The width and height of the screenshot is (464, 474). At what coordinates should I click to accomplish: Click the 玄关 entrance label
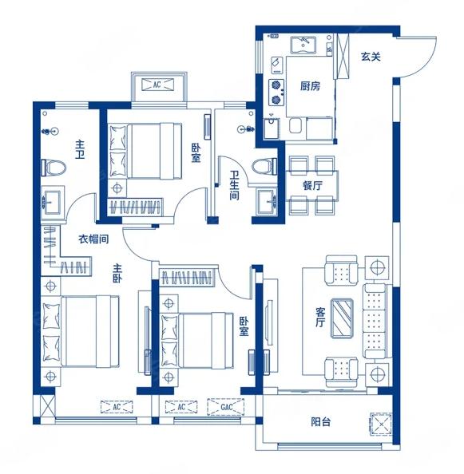371,57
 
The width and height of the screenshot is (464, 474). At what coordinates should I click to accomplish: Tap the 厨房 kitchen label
310,86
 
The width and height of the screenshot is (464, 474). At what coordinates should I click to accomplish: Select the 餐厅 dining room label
312,185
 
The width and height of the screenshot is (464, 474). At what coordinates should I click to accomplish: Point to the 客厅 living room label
320,317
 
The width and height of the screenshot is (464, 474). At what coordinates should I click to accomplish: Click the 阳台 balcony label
320,421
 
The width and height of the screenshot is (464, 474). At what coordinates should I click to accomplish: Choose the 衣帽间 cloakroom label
93,239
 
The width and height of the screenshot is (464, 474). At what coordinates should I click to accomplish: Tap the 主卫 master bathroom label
80,149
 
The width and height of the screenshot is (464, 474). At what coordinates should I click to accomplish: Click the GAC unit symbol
226,407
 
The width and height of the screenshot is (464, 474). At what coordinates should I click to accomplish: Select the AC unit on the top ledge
157,85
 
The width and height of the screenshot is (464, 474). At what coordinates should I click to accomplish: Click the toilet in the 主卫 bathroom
54,168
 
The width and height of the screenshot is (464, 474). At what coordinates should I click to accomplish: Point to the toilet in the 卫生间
264,166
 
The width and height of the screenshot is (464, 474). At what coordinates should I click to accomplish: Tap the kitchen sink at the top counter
303,45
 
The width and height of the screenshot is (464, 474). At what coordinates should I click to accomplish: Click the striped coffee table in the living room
342,318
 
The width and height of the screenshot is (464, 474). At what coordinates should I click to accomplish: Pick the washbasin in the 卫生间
267,200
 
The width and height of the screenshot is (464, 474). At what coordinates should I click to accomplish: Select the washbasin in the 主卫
53,199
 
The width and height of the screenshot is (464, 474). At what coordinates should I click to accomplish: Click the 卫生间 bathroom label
234,185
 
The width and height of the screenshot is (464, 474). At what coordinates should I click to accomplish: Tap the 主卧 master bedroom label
117,273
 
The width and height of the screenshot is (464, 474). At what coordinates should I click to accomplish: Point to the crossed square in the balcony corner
381,425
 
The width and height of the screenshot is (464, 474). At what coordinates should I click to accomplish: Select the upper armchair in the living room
341,271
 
